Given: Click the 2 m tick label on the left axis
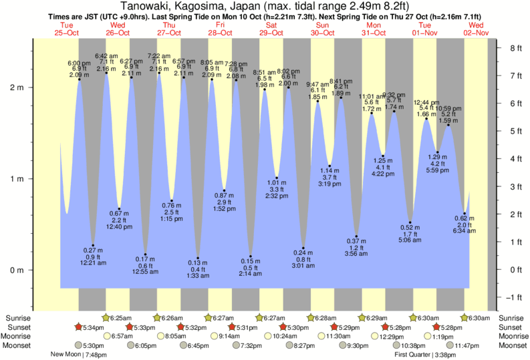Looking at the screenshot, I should point(14,87).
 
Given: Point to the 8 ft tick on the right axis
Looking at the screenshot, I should point(515,48).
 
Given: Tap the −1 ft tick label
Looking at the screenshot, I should point(514,297).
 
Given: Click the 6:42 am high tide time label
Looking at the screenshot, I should point(106,56).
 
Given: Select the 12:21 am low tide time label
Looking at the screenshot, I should point(93,262).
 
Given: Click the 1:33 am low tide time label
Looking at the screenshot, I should point(198,275).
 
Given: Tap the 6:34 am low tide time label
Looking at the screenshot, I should point(464,230).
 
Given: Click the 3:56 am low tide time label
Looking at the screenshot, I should point(356,254).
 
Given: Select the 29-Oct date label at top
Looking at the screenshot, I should point(271,32).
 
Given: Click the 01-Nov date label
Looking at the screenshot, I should point(425,32).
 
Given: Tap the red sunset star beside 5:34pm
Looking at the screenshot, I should point(78,327).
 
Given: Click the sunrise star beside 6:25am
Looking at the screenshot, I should point(106,318).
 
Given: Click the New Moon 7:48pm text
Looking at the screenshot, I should point(78,355).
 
